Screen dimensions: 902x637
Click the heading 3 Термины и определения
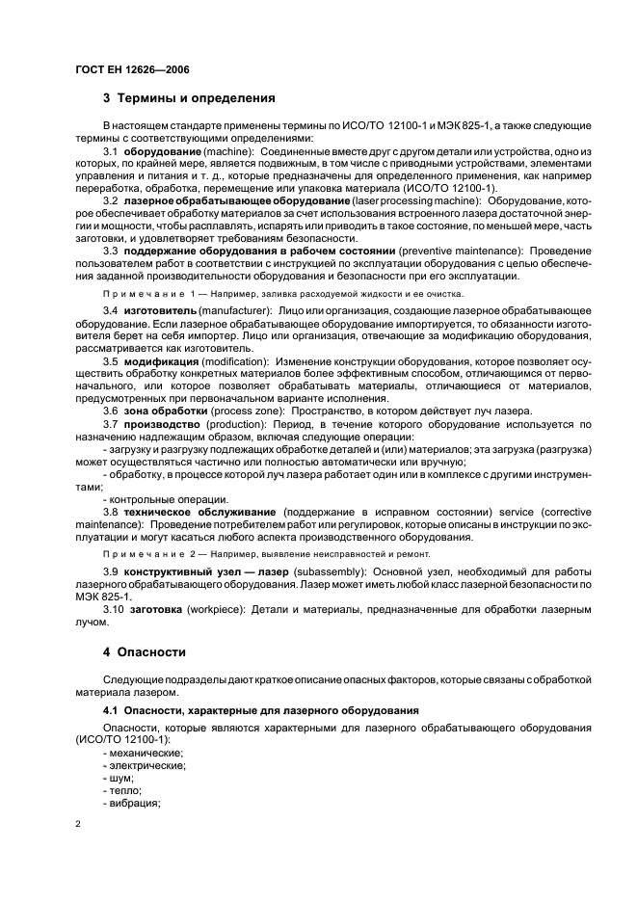[190, 98]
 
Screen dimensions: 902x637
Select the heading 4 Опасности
[145, 651]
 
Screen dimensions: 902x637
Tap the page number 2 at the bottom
[78, 825]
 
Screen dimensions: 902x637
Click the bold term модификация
[159, 359]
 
